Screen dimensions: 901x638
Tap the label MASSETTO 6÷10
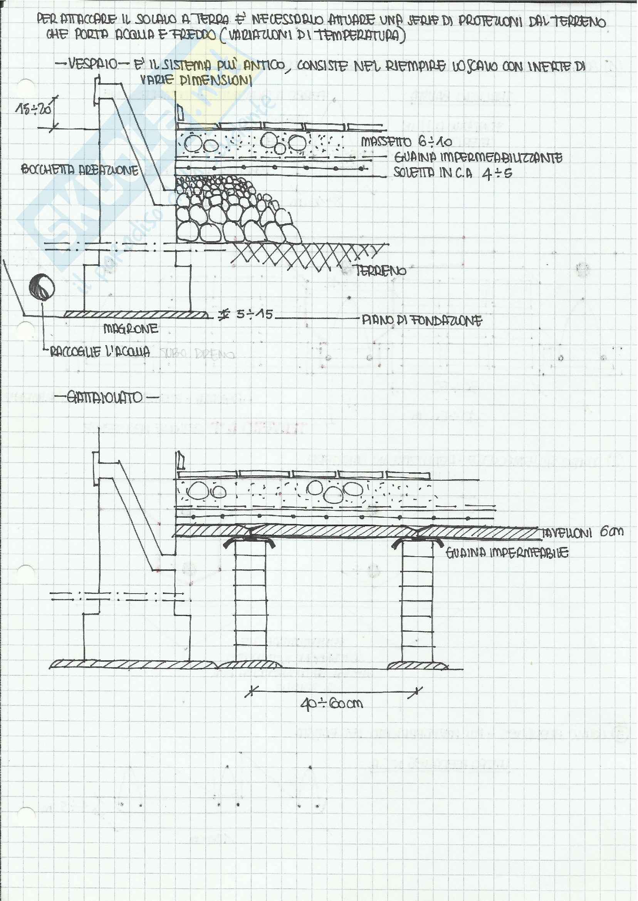(x=406, y=142)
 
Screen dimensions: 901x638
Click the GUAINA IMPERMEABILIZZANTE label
(x=478, y=158)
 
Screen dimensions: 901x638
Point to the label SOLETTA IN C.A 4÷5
(x=453, y=173)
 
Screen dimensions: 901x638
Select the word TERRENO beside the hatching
(x=381, y=271)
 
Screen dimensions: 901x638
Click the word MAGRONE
(x=131, y=328)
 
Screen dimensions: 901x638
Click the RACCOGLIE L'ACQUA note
(x=100, y=352)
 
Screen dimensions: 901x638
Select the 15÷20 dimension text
(x=34, y=109)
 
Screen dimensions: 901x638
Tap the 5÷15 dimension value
(x=254, y=315)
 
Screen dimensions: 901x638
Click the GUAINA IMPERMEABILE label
(x=507, y=553)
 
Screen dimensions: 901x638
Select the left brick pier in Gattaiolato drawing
(x=250, y=604)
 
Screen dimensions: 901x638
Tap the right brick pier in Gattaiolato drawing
(x=417, y=604)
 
